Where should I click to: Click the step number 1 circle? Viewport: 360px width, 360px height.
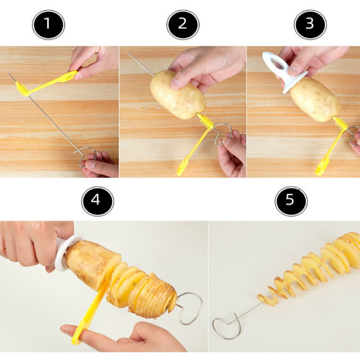click(x=49, y=24)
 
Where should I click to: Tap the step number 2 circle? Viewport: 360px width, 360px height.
click(x=183, y=25)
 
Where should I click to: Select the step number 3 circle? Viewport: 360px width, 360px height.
click(x=310, y=25)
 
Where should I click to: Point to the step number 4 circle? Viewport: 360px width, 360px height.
click(x=98, y=201)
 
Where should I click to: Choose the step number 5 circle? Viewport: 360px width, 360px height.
click(x=291, y=201)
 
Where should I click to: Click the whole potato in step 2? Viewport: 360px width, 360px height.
click(x=177, y=94)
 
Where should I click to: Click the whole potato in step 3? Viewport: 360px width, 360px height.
click(x=315, y=99)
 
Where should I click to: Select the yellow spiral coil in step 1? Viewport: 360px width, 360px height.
click(x=22, y=89)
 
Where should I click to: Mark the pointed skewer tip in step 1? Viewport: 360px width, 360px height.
click(x=9, y=74)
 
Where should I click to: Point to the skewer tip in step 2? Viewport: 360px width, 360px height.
click(x=128, y=53)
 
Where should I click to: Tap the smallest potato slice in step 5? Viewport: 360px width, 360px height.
click(x=262, y=297)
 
